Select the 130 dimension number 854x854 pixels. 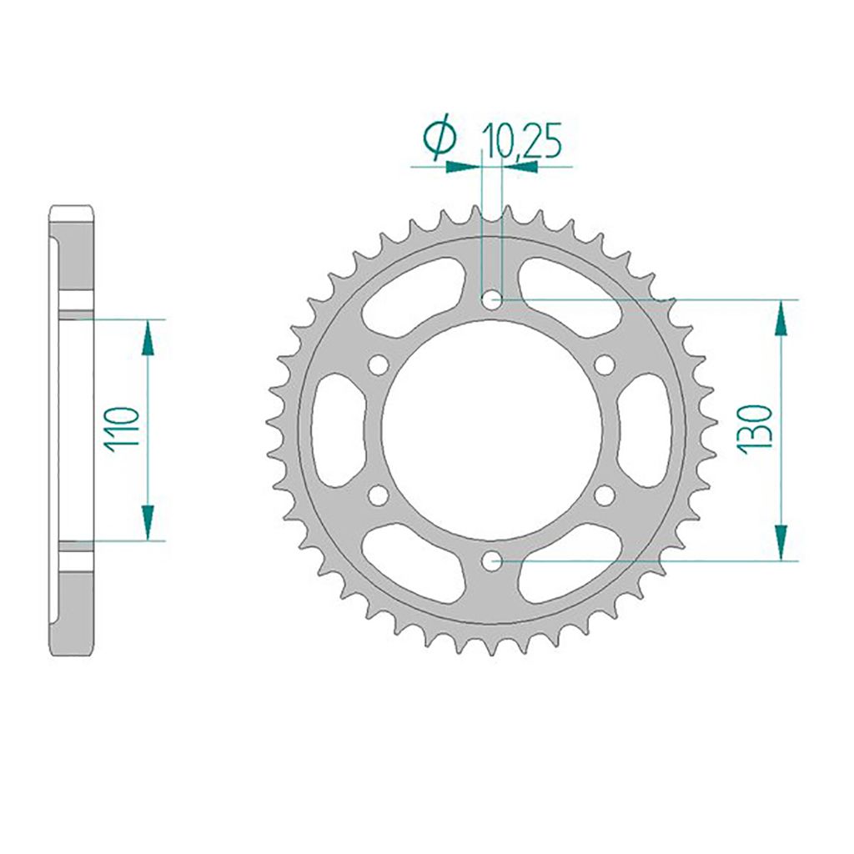coord(755,427)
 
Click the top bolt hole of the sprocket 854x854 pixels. coord(492,299)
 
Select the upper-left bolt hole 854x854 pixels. coord(379,365)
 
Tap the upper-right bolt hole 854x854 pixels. coord(605,365)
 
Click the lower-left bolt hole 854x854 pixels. coord(379,495)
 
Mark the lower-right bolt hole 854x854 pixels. coord(605,495)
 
